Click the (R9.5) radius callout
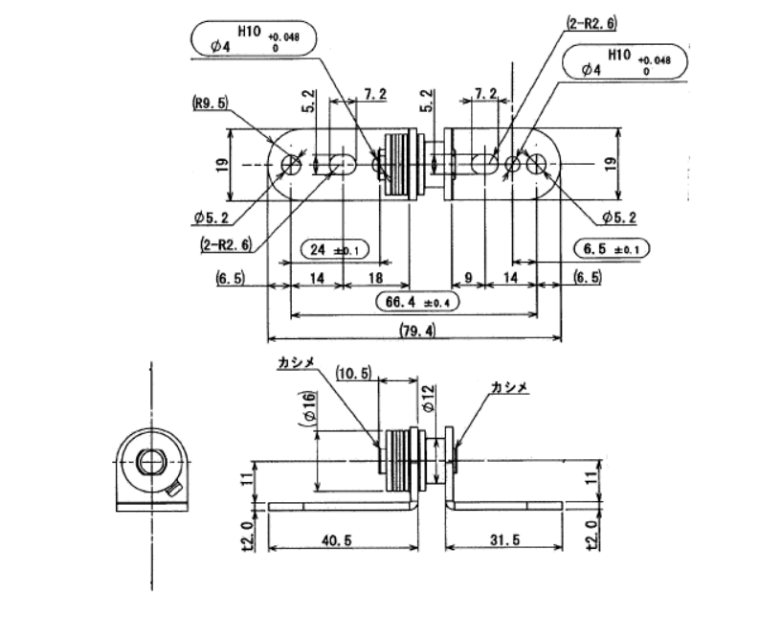pyautogui.click(x=211, y=103)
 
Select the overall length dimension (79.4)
pyautogui.click(x=417, y=331)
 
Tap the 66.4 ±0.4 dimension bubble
pyautogui.click(x=417, y=302)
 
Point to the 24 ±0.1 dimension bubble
pyautogui.click(x=334, y=250)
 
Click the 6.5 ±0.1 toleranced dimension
pyautogui.click(x=612, y=249)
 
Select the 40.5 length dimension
pyautogui.click(x=336, y=539)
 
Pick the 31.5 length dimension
pyautogui.click(x=504, y=539)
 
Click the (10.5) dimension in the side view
pyautogui.click(x=354, y=374)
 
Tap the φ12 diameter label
pyautogui.click(x=429, y=399)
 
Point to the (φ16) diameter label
pyautogui.click(x=308, y=408)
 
